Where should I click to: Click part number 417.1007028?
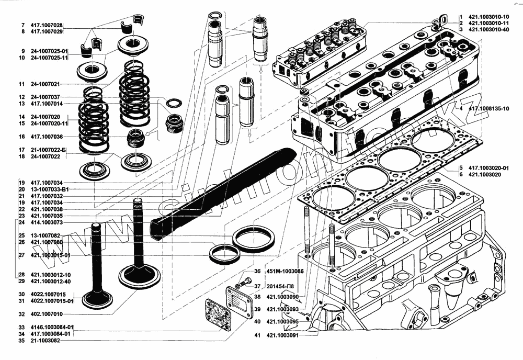pyautogui.click(x=47, y=25)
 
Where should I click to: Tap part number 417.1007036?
pyautogui.click(x=47, y=137)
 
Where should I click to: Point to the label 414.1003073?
pyautogui.click(x=47, y=222)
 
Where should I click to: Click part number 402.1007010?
pyautogui.click(x=47, y=314)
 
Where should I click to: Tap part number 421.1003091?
pyautogui.click(x=282, y=335)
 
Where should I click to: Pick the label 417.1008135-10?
pyautogui.click(x=489, y=108)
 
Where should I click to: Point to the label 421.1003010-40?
pyautogui.click(x=489, y=30)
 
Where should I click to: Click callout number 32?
pyautogui.click(x=21, y=314)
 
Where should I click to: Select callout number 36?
pyautogui.click(x=257, y=272)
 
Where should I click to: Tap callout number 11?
pyautogui.click(x=21, y=84)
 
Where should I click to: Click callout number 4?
pyautogui.click(x=461, y=108)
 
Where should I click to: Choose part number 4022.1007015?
pyautogui.click(x=48, y=294)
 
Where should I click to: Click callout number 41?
pyautogui.click(x=257, y=335)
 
